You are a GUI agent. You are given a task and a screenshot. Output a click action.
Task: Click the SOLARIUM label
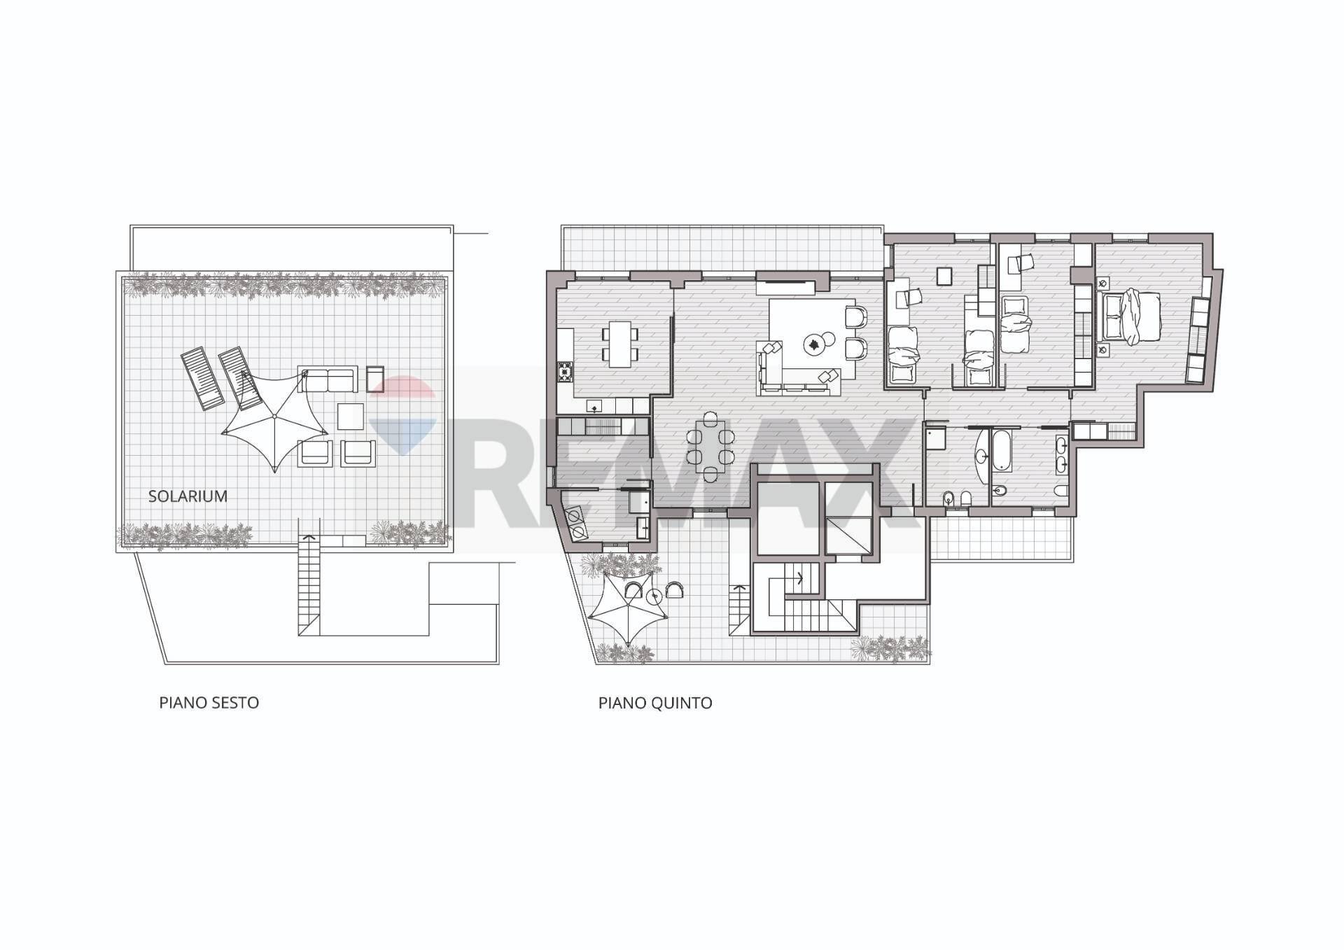188,496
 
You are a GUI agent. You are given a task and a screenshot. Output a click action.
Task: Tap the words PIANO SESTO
209,703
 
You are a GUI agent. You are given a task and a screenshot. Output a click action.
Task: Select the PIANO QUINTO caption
655,703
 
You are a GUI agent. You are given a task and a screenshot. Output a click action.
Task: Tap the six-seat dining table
710,447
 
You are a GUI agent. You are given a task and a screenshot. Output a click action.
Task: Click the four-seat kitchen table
620,344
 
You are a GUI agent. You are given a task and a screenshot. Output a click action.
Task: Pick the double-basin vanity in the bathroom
1061,453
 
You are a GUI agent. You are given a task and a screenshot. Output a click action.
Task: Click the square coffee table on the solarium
351,417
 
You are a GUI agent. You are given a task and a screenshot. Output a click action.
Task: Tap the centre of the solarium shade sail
274,417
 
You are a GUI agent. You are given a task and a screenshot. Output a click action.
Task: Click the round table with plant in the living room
814,343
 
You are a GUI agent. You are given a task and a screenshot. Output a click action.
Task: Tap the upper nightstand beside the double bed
1103,284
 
